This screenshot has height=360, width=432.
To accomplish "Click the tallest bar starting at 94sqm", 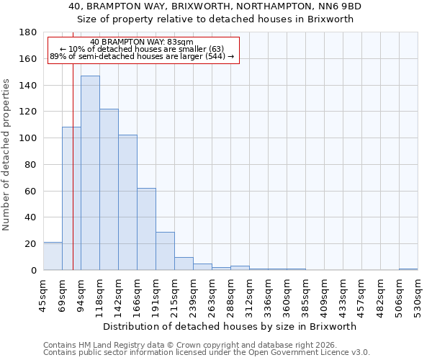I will coord(90,173).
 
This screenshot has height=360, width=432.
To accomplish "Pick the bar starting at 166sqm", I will coord(146,229).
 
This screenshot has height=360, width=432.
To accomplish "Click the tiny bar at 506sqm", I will coord(408,269).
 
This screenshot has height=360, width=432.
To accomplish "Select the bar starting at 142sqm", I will coord(127,202).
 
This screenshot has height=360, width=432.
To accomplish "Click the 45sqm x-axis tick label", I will coord(43,292).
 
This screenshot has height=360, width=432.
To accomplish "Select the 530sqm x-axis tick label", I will coord(418,292).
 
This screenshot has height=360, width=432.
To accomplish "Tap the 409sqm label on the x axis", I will coord(324,292).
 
